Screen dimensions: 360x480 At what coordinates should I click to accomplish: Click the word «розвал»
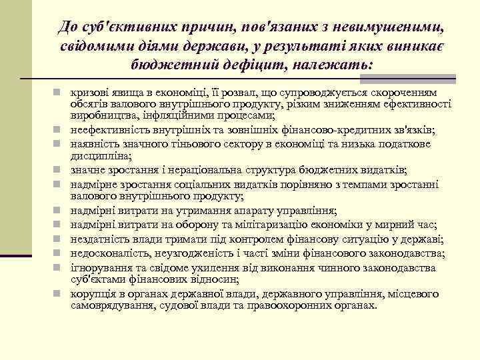pos(231,91)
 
